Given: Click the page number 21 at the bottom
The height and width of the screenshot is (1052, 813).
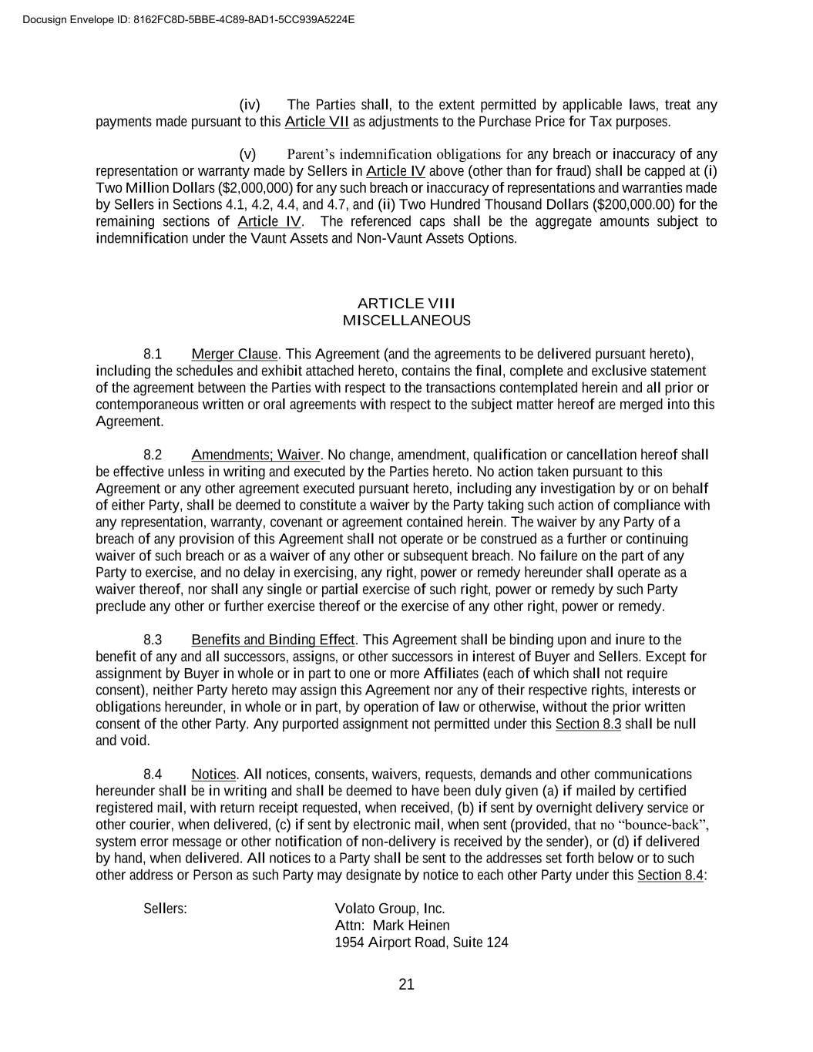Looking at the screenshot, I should (407, 984).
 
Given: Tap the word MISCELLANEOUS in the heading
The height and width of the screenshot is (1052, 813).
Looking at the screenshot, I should (406, 321).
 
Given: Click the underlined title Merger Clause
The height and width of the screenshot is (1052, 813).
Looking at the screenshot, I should (234, 355).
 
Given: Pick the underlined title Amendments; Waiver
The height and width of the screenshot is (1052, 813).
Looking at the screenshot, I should (255, 455).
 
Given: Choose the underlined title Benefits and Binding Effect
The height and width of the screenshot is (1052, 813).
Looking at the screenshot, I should (273, 640).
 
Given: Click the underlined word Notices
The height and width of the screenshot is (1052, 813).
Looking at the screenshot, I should (213, 775).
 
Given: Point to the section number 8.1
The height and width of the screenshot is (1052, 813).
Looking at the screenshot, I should (153, 355).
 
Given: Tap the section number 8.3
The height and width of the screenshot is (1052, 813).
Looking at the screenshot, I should (153, 640).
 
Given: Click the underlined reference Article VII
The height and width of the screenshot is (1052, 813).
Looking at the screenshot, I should (317, 122).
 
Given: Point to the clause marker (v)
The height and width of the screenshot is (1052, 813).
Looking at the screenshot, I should (247, 154).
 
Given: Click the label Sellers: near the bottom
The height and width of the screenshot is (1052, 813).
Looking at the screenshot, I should (165, 909).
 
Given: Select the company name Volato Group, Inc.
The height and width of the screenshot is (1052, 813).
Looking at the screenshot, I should (390, 909).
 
